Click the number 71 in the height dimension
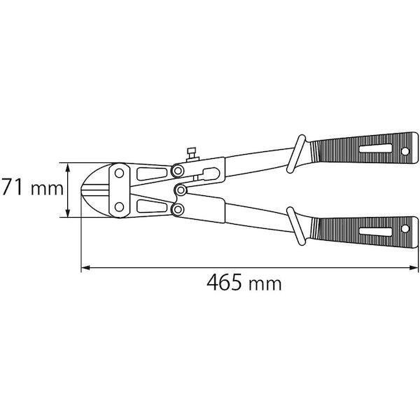click(x=15, y=188)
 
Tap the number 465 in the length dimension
click(x=226, y=283)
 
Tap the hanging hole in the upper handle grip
click(x=405, y=152)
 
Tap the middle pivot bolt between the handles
click(x=181, y=190)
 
